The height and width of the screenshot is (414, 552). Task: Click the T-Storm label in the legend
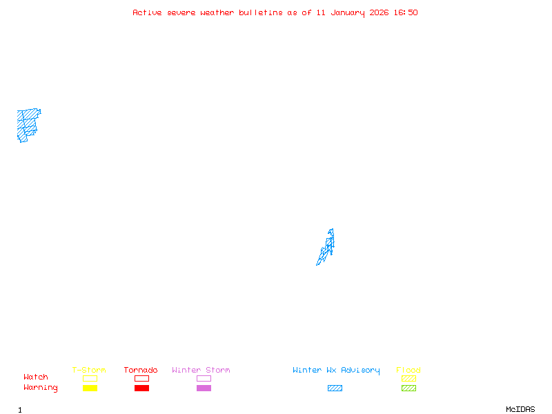tap(89, 371)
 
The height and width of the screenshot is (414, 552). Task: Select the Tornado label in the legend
tap(141, 371)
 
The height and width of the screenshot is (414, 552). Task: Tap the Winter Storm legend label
tap(201, 371)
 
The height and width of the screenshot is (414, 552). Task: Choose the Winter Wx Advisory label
tap(336, 371)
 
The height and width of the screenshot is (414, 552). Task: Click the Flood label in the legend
tap(408, 371)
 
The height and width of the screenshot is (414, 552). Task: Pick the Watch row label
tap(36, 377)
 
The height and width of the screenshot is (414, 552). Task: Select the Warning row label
tap(41, 388)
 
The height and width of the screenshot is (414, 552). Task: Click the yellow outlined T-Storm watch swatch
tap(90, 378)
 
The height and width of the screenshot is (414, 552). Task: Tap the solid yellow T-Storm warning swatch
tap(90, 388)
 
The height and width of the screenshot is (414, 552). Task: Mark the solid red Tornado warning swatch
tap(141, 388)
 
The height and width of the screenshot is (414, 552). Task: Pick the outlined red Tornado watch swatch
tap(141, 378)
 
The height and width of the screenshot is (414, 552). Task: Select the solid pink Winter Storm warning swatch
tap(204, 388)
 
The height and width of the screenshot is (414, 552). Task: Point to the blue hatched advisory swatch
tap(335, 388)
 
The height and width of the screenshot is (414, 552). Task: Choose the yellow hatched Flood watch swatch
tap(408, 378)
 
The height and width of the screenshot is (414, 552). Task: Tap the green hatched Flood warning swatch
tap(408, 388)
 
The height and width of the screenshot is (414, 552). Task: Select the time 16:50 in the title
tap(406, 12)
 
